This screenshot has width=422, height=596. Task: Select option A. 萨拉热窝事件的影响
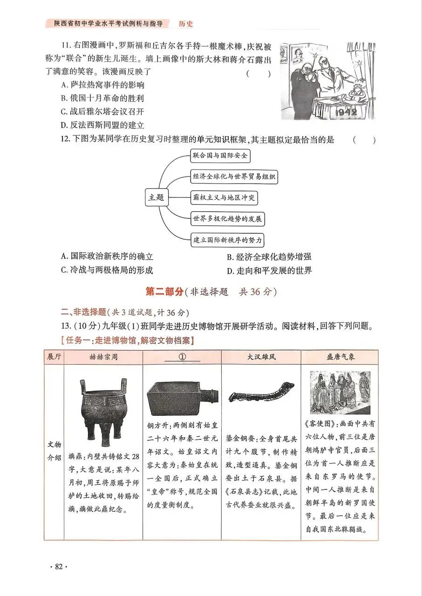(102, 85)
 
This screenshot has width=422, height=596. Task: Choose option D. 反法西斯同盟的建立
(102, 125)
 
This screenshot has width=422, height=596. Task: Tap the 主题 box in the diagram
(156, 197)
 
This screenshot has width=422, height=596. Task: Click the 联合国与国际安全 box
(220, 156)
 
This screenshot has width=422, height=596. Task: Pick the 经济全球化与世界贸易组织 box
(234, 176)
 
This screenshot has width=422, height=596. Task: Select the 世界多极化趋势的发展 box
(227, 219)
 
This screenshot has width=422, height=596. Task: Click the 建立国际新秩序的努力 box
(227, 240)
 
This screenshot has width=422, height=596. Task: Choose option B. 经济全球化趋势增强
(269, 257)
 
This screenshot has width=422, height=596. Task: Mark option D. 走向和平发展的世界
(269, 271)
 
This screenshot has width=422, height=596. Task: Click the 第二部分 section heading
(165, 292)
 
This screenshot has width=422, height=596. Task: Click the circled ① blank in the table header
(182, 357)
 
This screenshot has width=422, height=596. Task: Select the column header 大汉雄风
(261, 357)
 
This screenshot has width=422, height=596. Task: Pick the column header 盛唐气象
(340, 357)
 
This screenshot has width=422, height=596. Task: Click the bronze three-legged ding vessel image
(102, 412)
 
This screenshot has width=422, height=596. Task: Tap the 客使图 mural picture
(340, 393)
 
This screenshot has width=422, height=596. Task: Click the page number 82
(58, 567)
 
